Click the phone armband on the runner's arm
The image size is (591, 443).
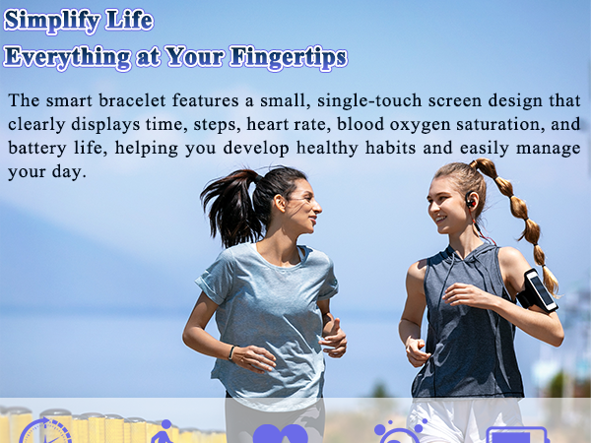539,290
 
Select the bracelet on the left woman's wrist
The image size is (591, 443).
231,351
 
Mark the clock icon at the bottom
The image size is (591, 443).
45,433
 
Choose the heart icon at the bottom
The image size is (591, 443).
280,434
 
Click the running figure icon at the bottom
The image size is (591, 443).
164,433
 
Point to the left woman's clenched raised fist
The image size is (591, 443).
333,338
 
